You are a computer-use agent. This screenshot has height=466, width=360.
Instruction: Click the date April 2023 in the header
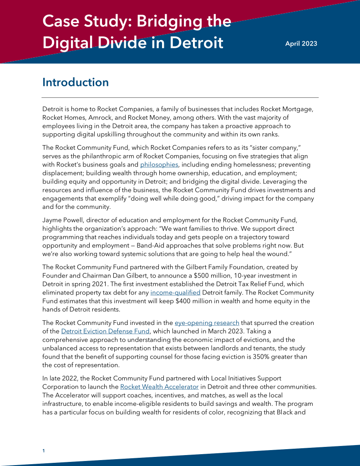click(301, 44)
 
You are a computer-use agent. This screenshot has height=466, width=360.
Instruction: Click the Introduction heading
click(76, 82)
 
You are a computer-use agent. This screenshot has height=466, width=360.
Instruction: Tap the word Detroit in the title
click(199, 43)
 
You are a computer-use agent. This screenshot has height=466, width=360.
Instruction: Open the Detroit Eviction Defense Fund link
click(98, 331)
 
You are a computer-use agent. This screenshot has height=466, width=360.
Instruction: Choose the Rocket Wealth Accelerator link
click(159, 387)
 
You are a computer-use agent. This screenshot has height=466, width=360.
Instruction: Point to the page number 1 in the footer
click(44, 451)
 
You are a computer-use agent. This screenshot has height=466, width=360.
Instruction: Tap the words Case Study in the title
click(81, 21)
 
